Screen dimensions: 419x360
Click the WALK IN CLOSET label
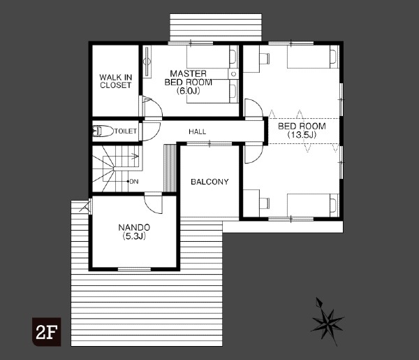tap(116, 81)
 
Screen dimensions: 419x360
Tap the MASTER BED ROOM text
tap(189, 78)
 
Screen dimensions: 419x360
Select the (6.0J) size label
tap(188, 91)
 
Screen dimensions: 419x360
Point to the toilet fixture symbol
tap(103, 131)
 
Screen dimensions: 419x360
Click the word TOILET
tap(126, 131)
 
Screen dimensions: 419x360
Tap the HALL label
tap(198, 131)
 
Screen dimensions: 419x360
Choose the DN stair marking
tap(134, 182)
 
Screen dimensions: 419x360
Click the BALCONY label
tap(209, 182)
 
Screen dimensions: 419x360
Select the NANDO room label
tap(134, 228)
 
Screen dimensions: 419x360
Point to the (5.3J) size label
tap(134, 236)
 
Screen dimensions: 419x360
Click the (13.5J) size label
tap(302, 135)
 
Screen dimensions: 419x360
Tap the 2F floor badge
tap(47, 332)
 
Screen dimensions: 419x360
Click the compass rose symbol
tap(327, 322)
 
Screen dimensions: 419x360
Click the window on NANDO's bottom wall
tap(134, 269)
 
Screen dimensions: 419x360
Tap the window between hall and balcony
tap(209, 143)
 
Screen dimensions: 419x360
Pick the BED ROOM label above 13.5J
tap(302, 126)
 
